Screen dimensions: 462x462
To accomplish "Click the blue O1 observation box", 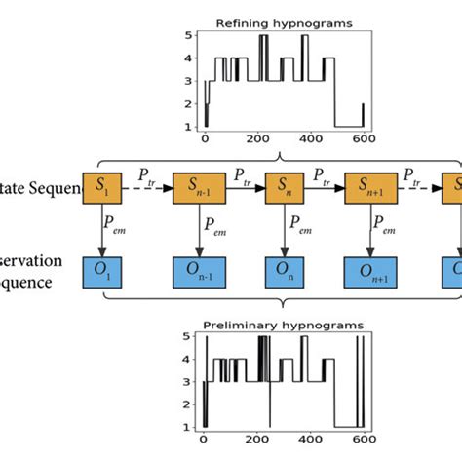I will coord(101,271).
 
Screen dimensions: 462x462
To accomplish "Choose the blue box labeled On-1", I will coord(200,271).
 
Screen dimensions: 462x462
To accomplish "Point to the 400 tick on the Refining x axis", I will coord(311,139).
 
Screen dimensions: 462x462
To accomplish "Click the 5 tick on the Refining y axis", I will coord(188,35).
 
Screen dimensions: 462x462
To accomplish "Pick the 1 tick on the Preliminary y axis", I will coord(188,425).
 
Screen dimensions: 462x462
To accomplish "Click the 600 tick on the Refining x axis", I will coord(364,139).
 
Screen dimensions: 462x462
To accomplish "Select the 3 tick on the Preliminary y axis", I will coord(188,381).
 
